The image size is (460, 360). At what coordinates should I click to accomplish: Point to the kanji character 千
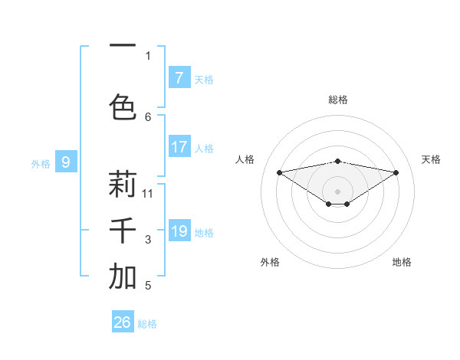(123, 231)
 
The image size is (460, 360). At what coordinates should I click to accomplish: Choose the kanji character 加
(123, 277)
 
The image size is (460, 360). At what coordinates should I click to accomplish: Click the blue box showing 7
(179, 78)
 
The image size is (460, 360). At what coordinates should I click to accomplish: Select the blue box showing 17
(179, 147)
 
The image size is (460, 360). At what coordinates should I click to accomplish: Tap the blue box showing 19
(179, 231)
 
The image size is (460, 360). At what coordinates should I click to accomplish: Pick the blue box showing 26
(122, 322)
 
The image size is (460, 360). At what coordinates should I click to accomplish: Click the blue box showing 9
(66, 162)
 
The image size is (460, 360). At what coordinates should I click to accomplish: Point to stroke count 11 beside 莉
(148, 193)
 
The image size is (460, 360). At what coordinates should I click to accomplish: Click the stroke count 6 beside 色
(148, 116)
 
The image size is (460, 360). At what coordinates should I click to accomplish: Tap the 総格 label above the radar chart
(337, 100)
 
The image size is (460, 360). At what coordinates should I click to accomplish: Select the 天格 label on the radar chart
(431, 159)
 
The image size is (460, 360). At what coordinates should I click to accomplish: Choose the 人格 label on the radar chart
(245, 159)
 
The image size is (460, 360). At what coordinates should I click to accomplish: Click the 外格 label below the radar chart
(270, 262)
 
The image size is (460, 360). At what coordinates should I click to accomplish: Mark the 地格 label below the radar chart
(402, 262)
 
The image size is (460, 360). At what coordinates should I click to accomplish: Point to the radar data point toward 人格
(279, 172)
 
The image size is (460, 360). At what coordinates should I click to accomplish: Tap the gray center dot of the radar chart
(337, 190)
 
